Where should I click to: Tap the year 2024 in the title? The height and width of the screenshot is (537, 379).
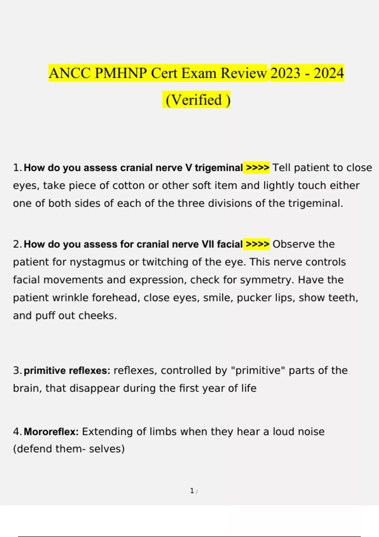tap(328, 73)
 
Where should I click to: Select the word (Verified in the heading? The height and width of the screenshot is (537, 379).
tap(194, 100)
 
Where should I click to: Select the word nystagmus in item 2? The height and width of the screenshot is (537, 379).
tap(97, 262)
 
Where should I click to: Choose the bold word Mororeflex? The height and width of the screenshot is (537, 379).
tap(51, 431)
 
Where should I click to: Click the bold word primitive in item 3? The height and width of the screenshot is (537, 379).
tap(45, 371)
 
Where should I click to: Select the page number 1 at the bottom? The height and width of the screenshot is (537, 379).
tap(192, 491)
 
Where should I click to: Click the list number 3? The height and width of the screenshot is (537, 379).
tap(17, 371)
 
